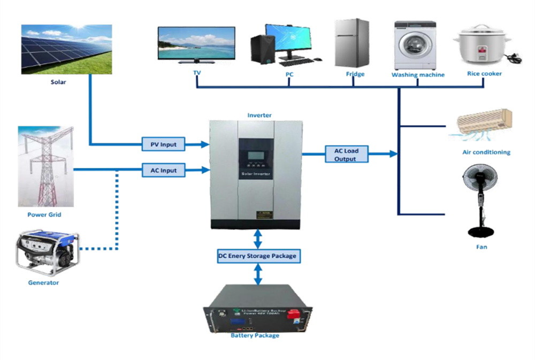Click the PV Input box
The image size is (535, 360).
(x=163, y=144)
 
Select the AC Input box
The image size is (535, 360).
(x=163, y=171)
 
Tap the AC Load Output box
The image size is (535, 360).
(x=346, y=154)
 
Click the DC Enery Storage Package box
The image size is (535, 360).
(x=257, y=256)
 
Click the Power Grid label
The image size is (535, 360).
(x=44, y=215)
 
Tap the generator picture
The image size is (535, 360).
(x=48, y=252)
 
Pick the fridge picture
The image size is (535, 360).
(x=351, y=43)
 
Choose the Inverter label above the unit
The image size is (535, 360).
(x=259, y=115)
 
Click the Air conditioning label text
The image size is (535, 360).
(x=486, y=152)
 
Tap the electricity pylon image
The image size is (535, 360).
(x=45, y=166)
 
